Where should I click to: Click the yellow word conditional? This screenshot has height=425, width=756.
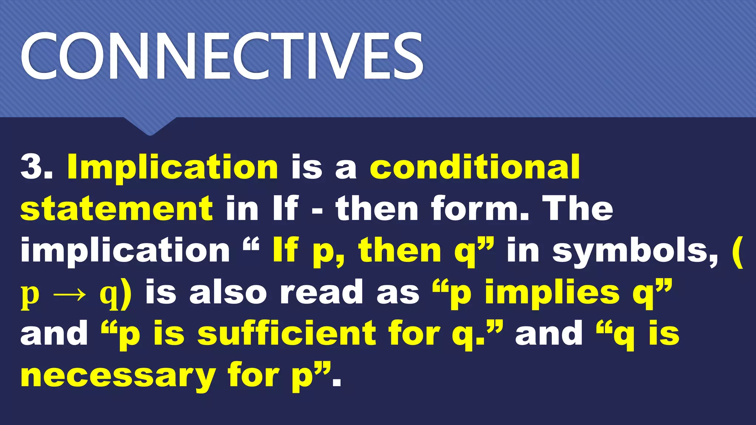[x=475, y=167]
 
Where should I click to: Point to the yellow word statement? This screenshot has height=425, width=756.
[x=117, y=209]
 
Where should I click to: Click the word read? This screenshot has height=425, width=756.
[x=321, y=293]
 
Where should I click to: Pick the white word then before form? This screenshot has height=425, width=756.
[x=377, y=208]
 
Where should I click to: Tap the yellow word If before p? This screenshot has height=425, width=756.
[x=285, y=251]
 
